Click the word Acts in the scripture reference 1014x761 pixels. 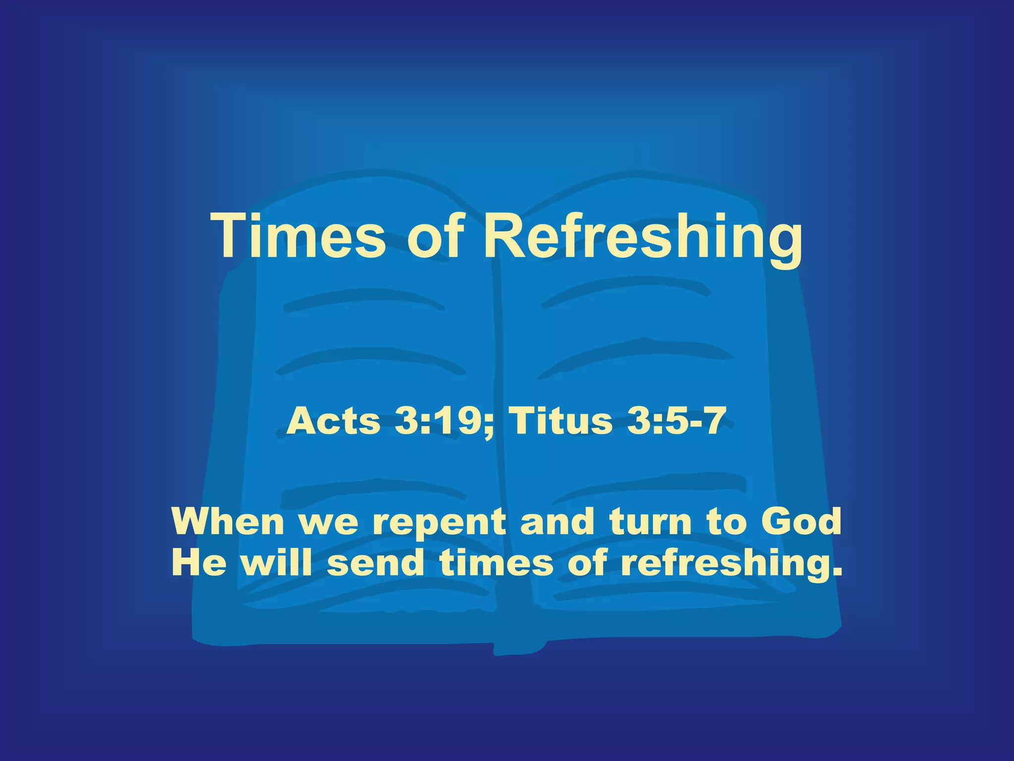[x=333, y=421]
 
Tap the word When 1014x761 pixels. [x=227, y=522]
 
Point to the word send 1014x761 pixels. [x=375, y=563]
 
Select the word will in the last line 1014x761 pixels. [x=276, y=563]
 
